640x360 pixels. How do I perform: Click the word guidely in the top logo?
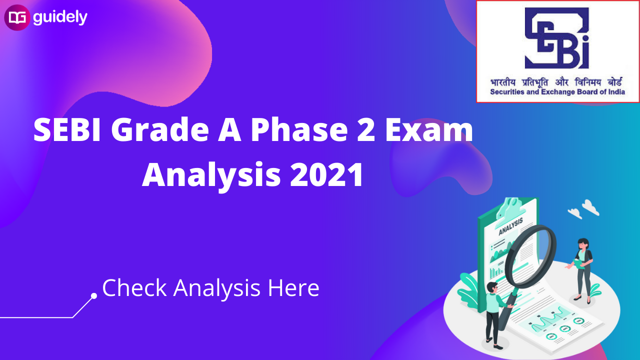click(x=60, y=18)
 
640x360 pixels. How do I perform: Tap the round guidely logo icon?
click(x=17, y=18)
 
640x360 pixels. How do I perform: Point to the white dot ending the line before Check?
click(x=93, y=296)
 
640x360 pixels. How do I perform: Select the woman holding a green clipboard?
click(x=582, y=267)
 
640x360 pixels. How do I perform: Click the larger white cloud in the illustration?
click(x=590, y=206)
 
